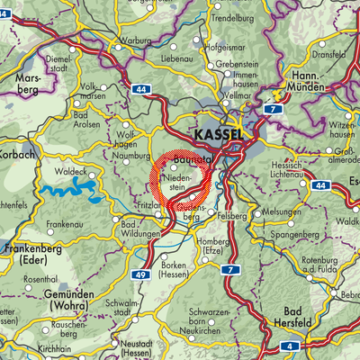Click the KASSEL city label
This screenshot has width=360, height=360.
click(x=217, y=132)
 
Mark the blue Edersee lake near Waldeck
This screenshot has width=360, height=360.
click(x=67, y=190)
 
